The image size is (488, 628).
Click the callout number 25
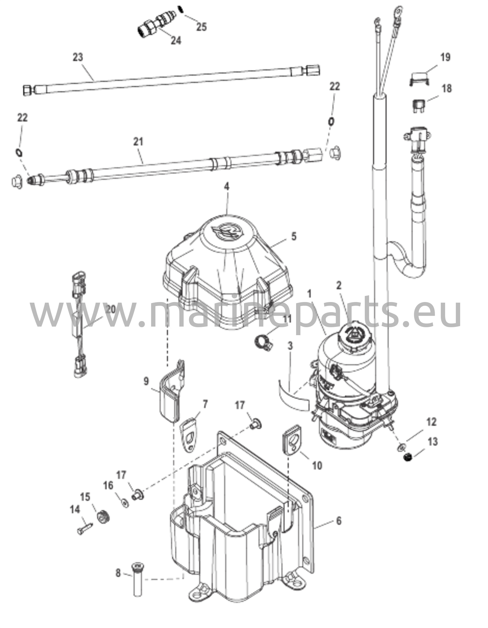(201, 27)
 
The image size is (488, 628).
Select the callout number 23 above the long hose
(78, 57)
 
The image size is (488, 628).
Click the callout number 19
(445, 57)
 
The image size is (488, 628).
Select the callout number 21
(138, 142)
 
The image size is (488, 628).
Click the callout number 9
(146, 381)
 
